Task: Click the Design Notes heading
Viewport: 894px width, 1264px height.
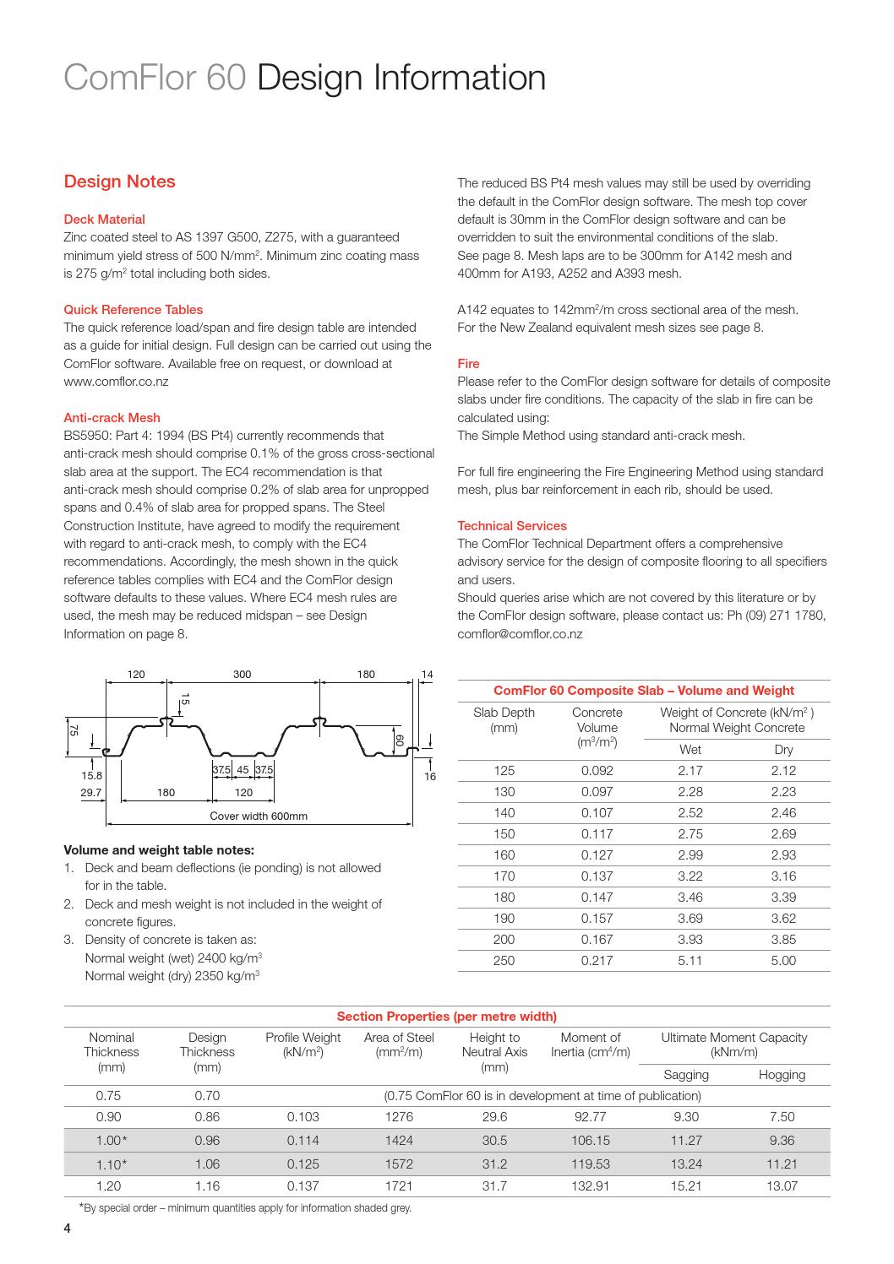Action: [x=120, y=182]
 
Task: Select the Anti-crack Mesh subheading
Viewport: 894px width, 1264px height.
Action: [x=112, y=417]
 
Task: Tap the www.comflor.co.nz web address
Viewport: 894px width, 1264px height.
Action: [x=116, y=382]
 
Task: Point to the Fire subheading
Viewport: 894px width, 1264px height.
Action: [x=468, y=363]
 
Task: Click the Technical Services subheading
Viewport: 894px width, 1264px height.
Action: [x=512, y=525]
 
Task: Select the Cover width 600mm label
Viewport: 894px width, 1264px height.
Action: [x=259, y=816]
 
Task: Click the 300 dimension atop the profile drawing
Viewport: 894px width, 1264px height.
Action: [x=242, y=675]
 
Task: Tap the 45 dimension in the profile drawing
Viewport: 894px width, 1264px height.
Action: [x=243, y=769]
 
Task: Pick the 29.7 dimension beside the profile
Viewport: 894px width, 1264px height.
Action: [x=90, y=792]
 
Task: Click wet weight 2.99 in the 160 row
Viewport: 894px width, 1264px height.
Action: [x=690, y=854]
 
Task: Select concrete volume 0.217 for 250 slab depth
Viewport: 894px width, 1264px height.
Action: [x=597, y=960]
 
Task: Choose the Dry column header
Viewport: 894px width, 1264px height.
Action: [x=783, y=749]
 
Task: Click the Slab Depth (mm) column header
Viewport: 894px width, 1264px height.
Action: [x=504, y=719]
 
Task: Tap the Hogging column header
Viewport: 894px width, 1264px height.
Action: [x=782, y=1075]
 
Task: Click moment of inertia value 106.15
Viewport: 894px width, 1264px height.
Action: [x=590, y=1140]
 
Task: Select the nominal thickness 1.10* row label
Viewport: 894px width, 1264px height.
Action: [x=112, y=1164]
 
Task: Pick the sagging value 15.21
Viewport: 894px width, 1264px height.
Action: [x=685, y=1185]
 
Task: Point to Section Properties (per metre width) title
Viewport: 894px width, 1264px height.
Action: [x=446, y=1016]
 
